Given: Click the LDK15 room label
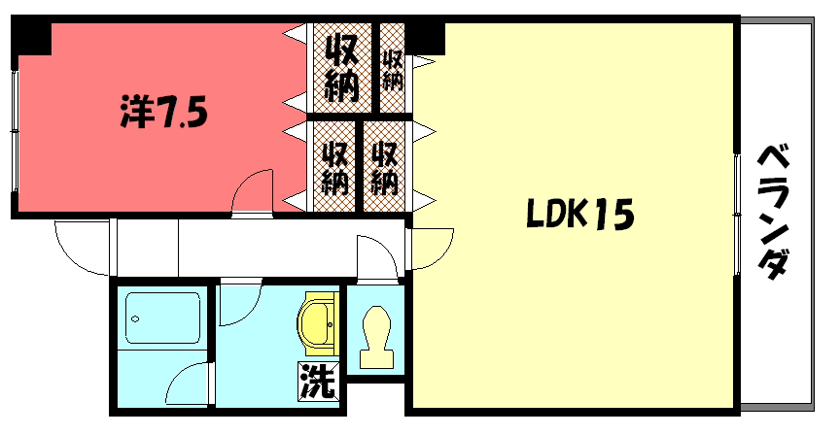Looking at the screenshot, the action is tap(580, 214).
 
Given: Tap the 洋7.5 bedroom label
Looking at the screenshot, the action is tap(163, 113).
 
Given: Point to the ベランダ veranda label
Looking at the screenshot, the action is tap(774, 212).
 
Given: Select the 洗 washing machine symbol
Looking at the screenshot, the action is tap(318, 381).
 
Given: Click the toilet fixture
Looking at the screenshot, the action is tap(376, 337).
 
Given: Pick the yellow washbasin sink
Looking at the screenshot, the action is tap(319, 323).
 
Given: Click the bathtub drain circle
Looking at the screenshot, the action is tap(135, 319).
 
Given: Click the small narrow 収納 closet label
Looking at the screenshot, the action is tap(392, 70).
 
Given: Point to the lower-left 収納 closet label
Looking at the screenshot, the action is tap(334, 167).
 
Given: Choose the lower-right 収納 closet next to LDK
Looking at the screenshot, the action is tap(385, 167).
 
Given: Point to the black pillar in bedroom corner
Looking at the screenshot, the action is tap(31, 39).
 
